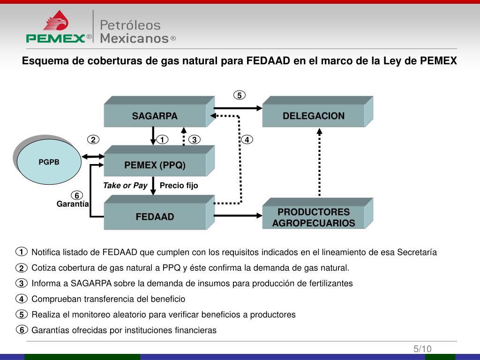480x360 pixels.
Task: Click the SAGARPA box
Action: (x=155, y=116)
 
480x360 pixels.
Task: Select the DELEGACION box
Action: (x=313, y=116)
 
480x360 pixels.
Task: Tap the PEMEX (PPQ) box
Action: (x=155, y=165)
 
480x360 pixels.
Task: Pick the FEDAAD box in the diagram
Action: (x=155, y=217)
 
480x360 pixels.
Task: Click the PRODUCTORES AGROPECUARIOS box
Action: (x=313, y=217)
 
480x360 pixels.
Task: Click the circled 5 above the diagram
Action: (x=239, y=95)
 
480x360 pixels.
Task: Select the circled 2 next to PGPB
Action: (x=93, y=140)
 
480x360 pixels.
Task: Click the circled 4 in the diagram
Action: (x=247, y=140)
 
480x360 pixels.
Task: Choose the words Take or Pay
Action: (x=125, y=185)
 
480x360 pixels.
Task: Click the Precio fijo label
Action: (x=179, y=185)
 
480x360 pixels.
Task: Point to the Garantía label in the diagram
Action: (x=73, y=204)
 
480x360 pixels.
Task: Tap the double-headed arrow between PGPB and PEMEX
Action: (x=92, y=157)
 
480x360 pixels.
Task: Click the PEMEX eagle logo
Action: (x=56, y=22)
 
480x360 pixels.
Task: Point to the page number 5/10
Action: (x=422, y=349)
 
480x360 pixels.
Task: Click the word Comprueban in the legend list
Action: (x=54, y=299)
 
